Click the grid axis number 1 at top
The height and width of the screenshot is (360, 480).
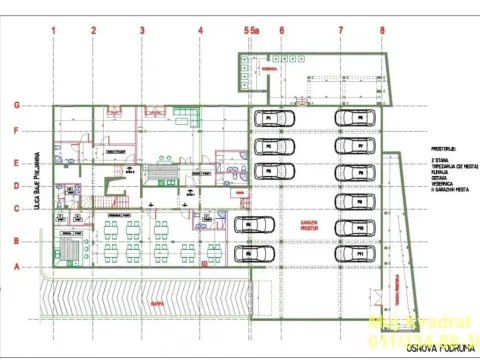coord(52,31)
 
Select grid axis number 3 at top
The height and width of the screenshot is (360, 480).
coord(142,31)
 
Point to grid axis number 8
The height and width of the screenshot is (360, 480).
coord(381,31)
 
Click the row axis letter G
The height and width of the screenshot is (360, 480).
coord(17,105)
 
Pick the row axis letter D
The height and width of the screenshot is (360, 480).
coord(17,185)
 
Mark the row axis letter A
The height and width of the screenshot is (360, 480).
coord(17,267)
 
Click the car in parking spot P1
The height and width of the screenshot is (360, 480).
coord(271,119)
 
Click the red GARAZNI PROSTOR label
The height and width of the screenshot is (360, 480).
coord(308,226)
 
